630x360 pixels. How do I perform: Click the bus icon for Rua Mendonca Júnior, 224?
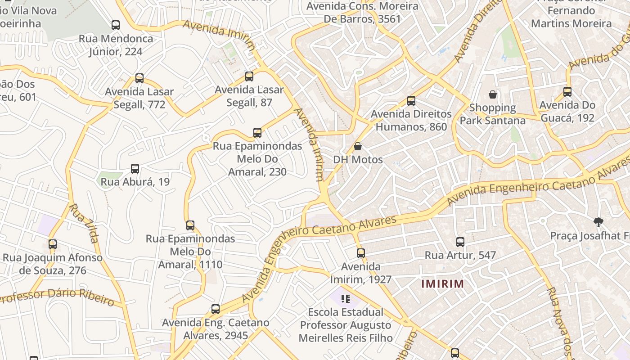[x=116, y=25]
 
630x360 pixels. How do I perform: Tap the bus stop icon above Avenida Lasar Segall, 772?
[x=139, y=78]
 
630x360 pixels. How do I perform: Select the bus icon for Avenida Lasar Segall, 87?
[x=249, y=76]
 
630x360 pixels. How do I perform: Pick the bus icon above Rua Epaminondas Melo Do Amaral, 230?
[x=257, y=133]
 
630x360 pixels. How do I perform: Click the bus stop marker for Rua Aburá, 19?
[x=135, y=169]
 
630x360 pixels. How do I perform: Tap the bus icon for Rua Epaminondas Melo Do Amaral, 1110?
[x=190, y=225]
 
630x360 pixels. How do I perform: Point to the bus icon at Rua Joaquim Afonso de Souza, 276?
[x=53, y=244]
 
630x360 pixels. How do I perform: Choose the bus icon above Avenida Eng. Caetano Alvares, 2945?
[x=216, y=309]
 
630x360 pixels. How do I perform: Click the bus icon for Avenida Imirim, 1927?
[x=361, y=253]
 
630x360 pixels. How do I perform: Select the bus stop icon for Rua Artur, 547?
[x=460, y=242]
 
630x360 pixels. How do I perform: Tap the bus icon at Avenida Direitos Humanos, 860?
[x=411, y=101]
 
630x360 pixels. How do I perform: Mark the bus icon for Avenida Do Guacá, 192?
[x=567, y=92]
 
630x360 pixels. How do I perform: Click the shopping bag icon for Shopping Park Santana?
[x=493, y=94]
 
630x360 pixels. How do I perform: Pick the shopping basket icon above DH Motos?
[x=358, y=146]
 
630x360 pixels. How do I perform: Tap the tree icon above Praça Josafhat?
[x=598, y=222]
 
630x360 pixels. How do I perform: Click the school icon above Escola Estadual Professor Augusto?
[x=346, y=298]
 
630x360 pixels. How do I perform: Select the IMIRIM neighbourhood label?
[x=442, y=284]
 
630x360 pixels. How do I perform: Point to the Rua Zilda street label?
[x=85, y=223]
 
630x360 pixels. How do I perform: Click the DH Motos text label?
[x=358, y=160]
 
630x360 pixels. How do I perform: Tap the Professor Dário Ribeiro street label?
[x=56, y=297]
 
